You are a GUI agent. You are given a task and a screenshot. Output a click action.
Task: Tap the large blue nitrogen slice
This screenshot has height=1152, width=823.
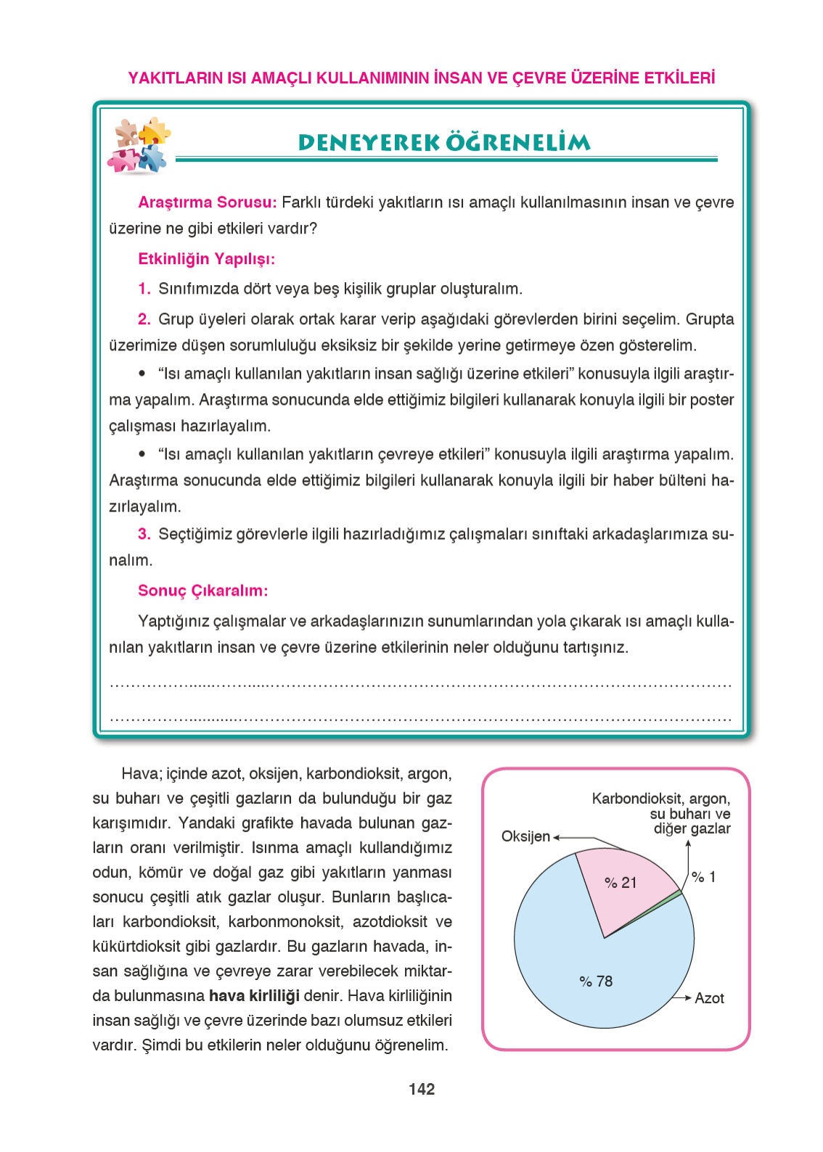click(x=581, y=965)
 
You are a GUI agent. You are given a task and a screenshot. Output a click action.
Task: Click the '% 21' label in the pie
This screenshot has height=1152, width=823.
click(x=621, y=883)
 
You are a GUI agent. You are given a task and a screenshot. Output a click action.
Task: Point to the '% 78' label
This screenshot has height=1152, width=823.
click(x=596, y=982)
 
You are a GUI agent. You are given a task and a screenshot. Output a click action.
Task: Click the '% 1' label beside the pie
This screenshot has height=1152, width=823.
click(x=703, y=877)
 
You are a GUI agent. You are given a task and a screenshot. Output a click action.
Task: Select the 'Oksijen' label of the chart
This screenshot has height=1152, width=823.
click(x=525, y=836)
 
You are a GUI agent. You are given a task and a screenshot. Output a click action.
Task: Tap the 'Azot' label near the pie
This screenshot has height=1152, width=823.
click(x=709, y=998)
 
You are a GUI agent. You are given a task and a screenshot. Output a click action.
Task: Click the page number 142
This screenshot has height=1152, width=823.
click(x=422, y=1089)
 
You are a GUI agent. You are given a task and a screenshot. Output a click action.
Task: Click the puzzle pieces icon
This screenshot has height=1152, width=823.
click(x=139, y=145)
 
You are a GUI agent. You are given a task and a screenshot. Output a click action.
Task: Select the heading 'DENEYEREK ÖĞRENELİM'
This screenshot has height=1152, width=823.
click(x=444, y=142)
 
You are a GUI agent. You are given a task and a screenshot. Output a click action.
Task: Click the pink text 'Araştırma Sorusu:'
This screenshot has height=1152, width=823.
click(x=207, y=202)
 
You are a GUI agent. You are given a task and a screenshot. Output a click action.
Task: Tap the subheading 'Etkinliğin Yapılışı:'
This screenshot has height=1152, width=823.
click(x=206, y=259)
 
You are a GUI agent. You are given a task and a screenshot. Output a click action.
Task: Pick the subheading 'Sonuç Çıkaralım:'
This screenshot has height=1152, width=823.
click(x=202, y=591)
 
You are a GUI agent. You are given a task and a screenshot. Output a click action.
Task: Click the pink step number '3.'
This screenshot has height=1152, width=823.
click(x=144, y=535)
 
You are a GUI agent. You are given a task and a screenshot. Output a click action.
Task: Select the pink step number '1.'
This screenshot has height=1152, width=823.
click(x=144, y=289)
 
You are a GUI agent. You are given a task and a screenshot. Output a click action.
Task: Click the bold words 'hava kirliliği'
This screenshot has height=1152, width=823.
click(x=254, y=996)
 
